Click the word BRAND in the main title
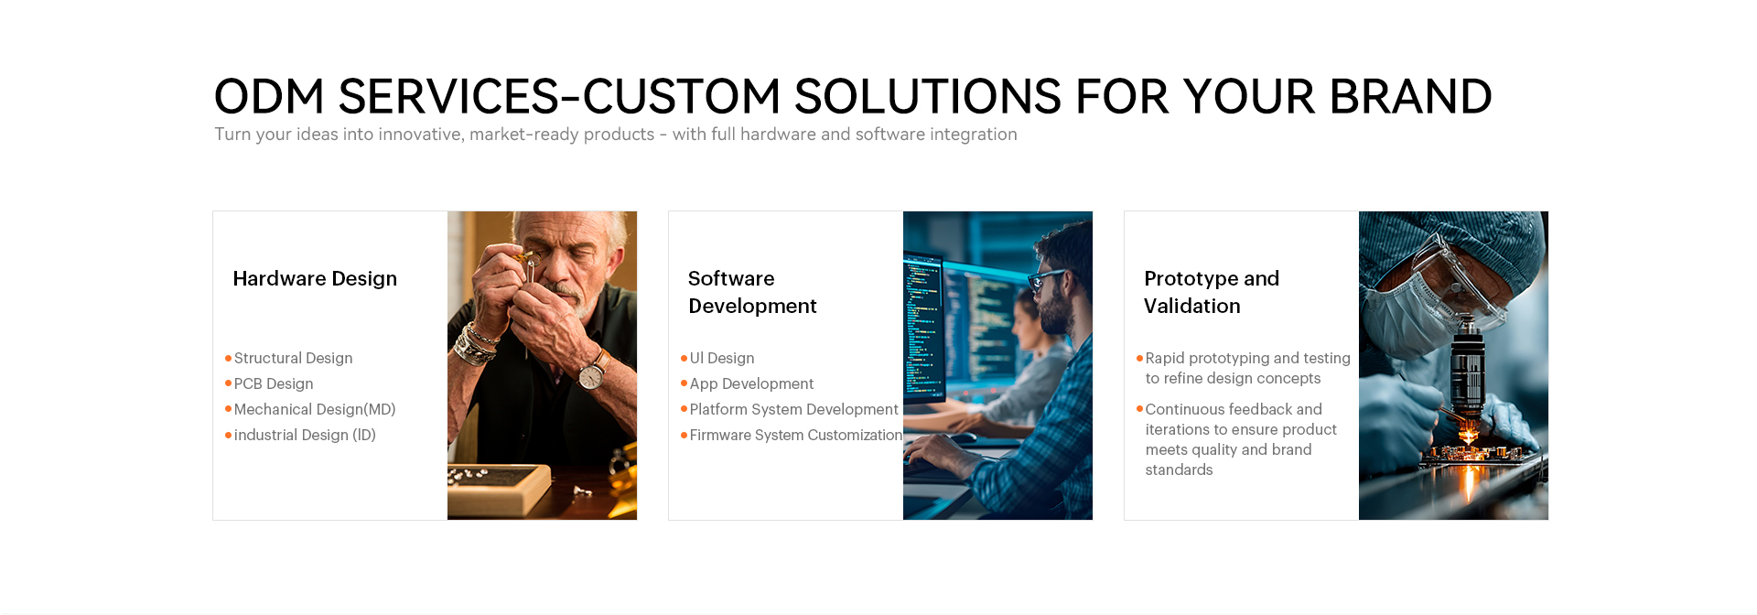[1410, 96]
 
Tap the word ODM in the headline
[269, 96]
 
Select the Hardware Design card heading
[315, 278]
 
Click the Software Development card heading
[752, 292]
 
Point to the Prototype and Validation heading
[1212, 292]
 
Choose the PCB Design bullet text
[274, 383]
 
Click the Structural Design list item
[293, 358]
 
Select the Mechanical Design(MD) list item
[315, 409]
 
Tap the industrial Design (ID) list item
[305, 435]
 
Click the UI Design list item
[722, 358]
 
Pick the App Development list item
[751, 383]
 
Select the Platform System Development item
[793, 409]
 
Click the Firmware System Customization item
[795, 435]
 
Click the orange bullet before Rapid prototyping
[1139, 358]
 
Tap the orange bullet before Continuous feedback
[1139, 409]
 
